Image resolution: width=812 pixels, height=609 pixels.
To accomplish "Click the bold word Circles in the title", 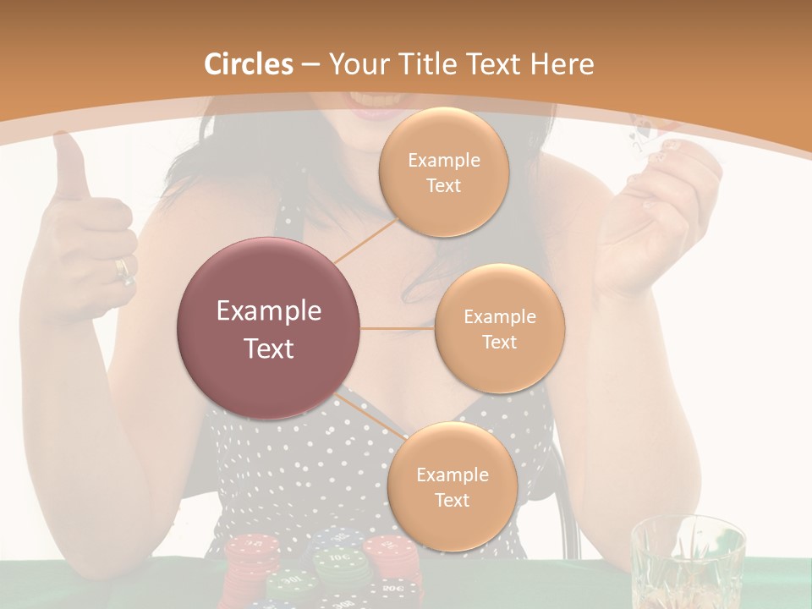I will [x=248, y=63].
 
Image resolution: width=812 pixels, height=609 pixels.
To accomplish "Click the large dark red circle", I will [x=269, y=328].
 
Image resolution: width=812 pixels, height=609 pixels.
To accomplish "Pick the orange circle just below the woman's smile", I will [x=443, y=173].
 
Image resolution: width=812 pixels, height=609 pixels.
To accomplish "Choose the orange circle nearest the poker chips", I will [x=452, y=486].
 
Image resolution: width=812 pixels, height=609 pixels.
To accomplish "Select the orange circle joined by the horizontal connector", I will [x=499, y=329].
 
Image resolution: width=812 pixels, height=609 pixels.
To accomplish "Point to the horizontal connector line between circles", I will [x=398, y=328].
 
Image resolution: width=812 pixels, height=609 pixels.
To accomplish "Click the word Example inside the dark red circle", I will [x=269, y=311].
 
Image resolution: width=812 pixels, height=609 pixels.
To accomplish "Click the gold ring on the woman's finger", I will [x=123, y=269].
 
